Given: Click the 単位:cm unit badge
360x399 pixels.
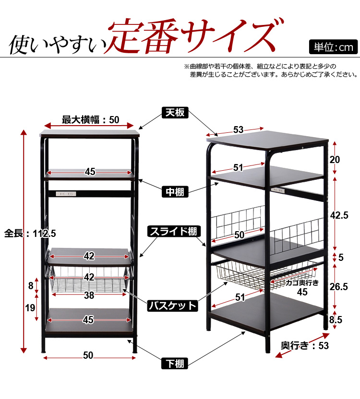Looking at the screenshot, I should coord(333,47).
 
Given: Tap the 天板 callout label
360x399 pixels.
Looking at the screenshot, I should coord(175,113).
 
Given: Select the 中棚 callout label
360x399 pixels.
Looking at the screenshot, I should coord(175,192).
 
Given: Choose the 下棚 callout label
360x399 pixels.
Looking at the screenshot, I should coord(175,363).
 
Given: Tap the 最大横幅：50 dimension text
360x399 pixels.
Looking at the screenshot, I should coord(90,119).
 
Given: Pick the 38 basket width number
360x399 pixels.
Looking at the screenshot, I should coord(89,296).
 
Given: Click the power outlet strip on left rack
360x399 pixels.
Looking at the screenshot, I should coord(66,194).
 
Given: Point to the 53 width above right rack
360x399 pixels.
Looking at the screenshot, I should coord(239,129).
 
